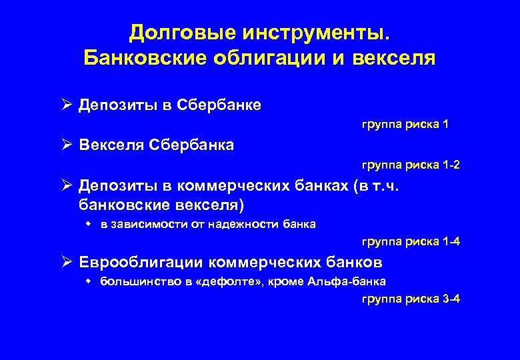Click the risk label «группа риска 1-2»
(411, 164)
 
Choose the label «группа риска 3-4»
(411, 299)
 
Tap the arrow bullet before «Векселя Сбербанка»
(67, 144)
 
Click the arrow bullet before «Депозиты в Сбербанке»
(67, 105)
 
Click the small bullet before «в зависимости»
(89, 224)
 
